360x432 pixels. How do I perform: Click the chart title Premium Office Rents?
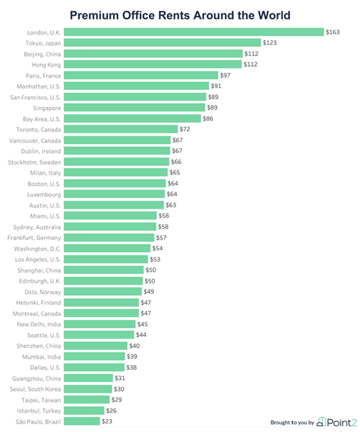click(181, 14)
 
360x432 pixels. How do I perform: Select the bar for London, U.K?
click(194, 32)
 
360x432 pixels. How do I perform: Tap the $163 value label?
click(332, 32)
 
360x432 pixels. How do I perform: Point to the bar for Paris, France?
click(141, 76)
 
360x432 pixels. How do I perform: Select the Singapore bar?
click(134, 108)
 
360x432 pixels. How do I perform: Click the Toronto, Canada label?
click(39, 130)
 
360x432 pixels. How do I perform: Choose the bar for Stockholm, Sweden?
click(116, 162)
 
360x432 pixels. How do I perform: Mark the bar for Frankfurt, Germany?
click(109, 238)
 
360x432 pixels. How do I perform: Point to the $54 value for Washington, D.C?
click(157, 248)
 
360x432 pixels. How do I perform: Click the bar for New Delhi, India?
click(99, 324)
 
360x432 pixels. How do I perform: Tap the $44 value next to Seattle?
click(142, 335)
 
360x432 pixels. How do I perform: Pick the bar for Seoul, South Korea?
click(88, 389)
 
